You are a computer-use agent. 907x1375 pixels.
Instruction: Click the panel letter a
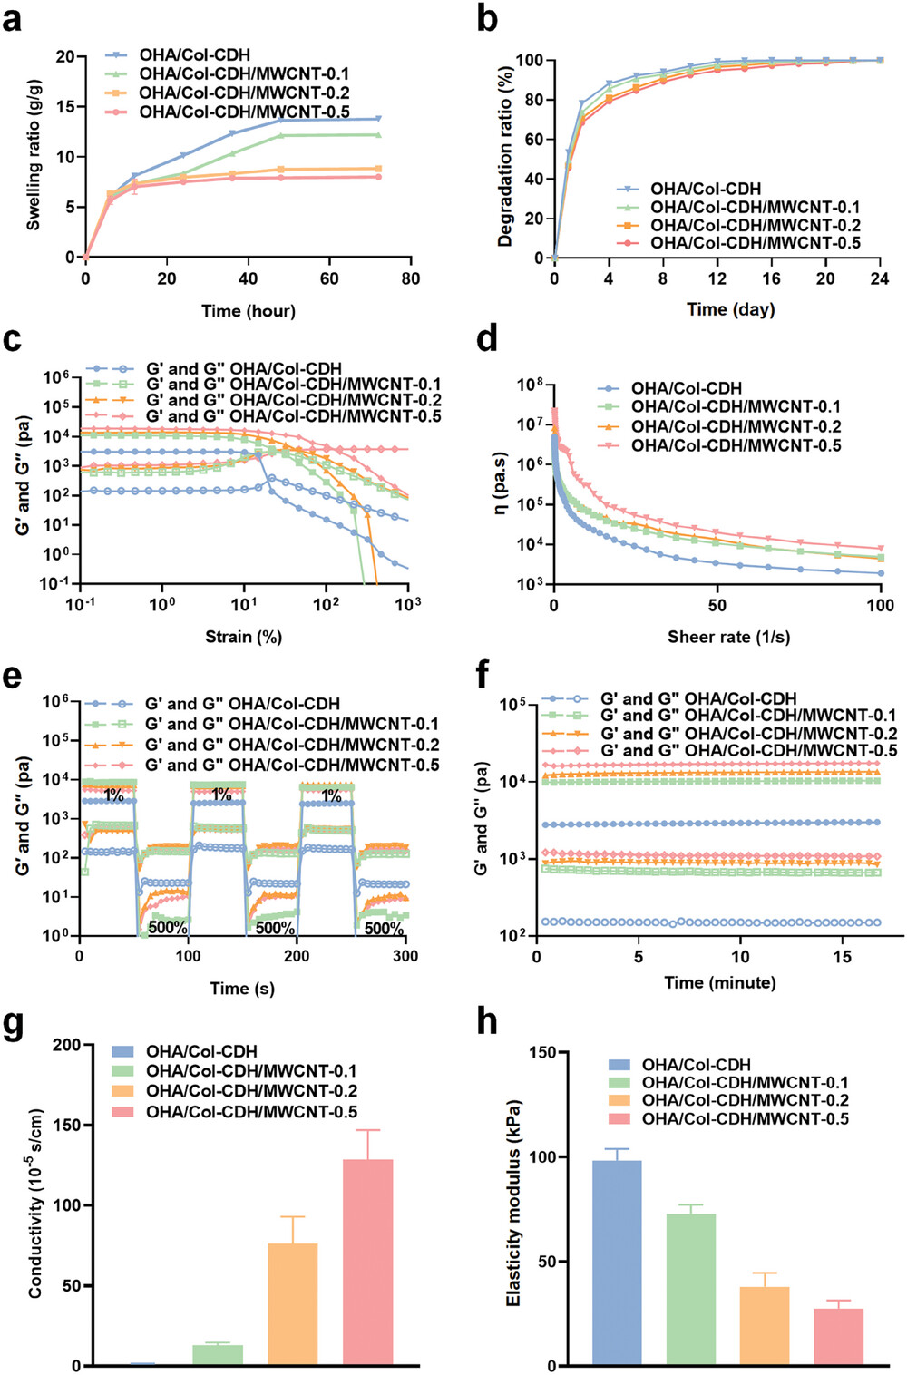coord(12,18)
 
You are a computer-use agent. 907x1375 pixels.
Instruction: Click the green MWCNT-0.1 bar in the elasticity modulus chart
coord(691,1289)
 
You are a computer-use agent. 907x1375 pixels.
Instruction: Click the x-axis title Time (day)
coord(730,309)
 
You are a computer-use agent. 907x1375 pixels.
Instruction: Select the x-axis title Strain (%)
coord(243,637)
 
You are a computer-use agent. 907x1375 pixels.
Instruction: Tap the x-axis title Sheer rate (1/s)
coord(728,637)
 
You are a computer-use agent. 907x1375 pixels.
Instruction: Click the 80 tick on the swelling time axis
coord(411,278)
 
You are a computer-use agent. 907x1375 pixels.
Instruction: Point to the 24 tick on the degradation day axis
coord(879,278)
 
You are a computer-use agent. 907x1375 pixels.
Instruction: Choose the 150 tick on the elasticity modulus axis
coord(542,1053)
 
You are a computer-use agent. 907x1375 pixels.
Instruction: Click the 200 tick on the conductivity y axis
coord(66,1045)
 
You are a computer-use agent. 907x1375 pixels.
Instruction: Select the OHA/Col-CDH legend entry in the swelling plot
coord(194,55)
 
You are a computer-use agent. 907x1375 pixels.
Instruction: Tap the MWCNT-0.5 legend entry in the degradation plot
coord(755,243)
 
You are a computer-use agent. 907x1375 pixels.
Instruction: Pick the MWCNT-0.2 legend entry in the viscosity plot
coord(736,426)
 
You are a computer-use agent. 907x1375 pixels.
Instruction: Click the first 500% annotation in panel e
coord(168,928)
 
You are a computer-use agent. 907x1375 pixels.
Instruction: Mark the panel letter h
coord(487,1021)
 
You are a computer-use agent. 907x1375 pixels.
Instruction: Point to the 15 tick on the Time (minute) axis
coord(842,957)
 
